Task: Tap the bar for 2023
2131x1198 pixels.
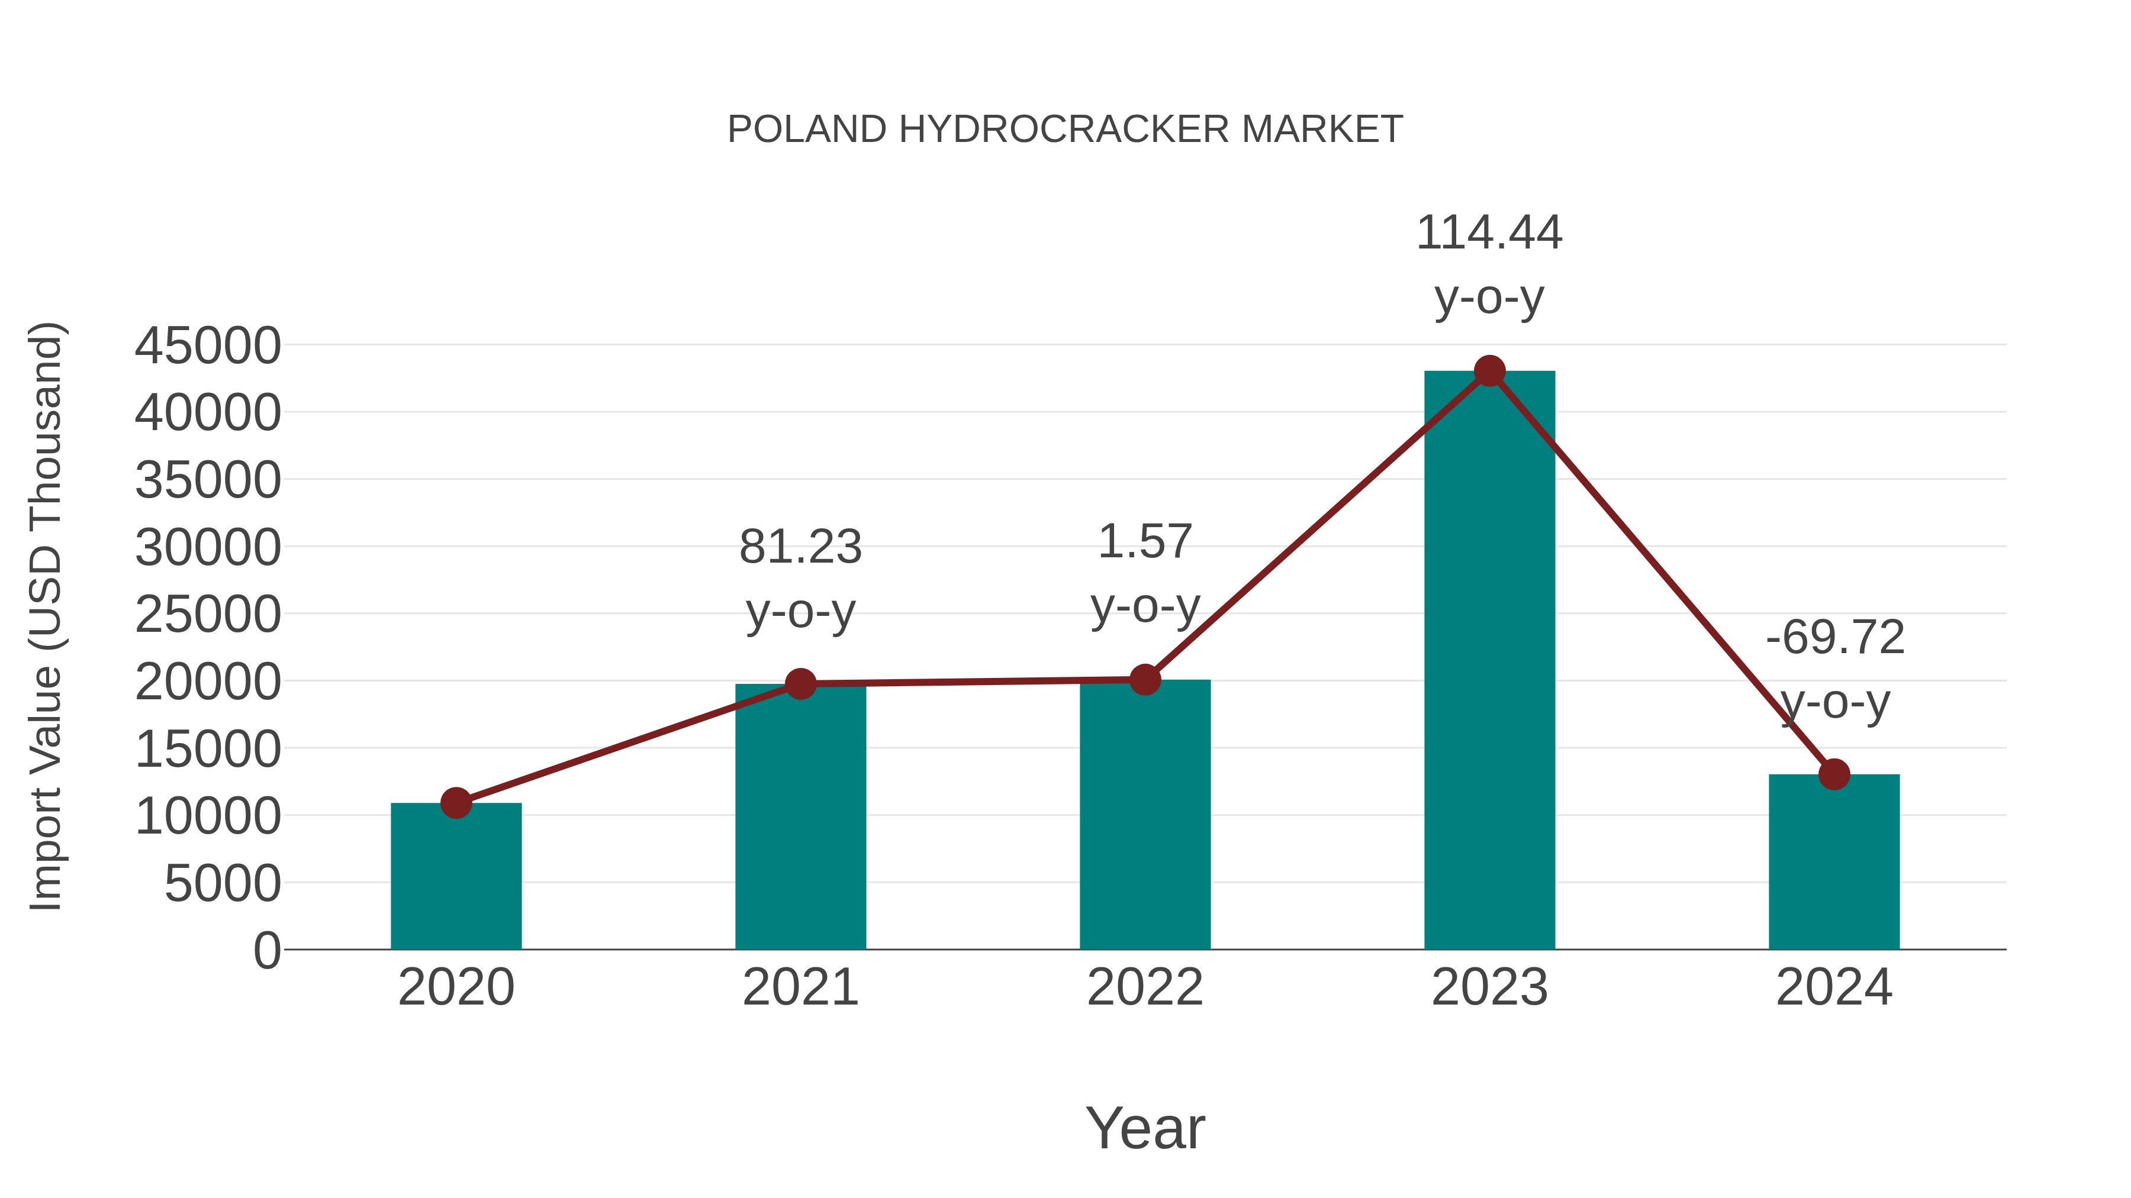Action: tap(1489, 661)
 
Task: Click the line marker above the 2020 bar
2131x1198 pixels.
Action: tap(456, 803)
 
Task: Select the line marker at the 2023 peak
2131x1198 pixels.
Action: tap(1489, 371)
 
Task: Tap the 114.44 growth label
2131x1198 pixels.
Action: tap(1489, 233)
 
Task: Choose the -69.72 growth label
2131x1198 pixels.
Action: tap(1835, 638)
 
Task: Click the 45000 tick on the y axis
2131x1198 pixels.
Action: tap(208, 345)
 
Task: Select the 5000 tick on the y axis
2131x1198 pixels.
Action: tap(223, 884)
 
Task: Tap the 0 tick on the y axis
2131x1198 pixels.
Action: tap(267, 951)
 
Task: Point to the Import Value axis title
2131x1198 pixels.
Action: tap(46, 616)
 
